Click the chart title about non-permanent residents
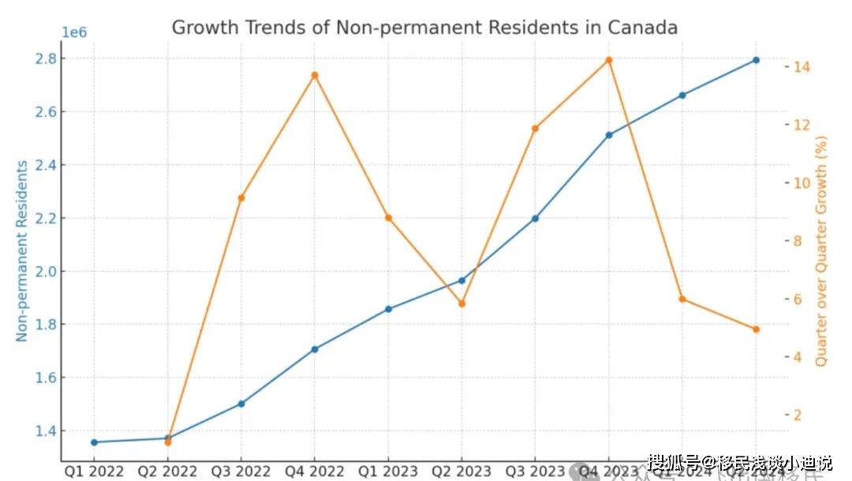(x=424, y=28)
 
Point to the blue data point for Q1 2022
(x=94, y=442)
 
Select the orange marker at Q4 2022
(x=315, y=75)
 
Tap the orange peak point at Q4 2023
(x=609, y=60)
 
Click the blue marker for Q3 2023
(x=535, y=218)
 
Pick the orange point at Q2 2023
(x=461, y=303)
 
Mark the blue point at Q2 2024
(x=756, y=60)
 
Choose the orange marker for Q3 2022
(x=241, y=197)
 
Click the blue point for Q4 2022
(x=315, y=349)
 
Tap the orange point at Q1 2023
(x=388, y=218)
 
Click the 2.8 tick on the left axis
(x=46, y=58)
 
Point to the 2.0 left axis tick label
(x=46, y=271)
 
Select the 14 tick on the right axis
(x=802, y=66)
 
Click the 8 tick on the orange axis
(x=798, y=241)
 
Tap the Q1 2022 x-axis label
(x=94, y=472)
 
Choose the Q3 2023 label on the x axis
(x=535, y=472)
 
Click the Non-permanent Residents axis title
(x=21, y=250)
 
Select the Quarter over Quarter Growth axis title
(x=822, y=250)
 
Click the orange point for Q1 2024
(x=682, y=299)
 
